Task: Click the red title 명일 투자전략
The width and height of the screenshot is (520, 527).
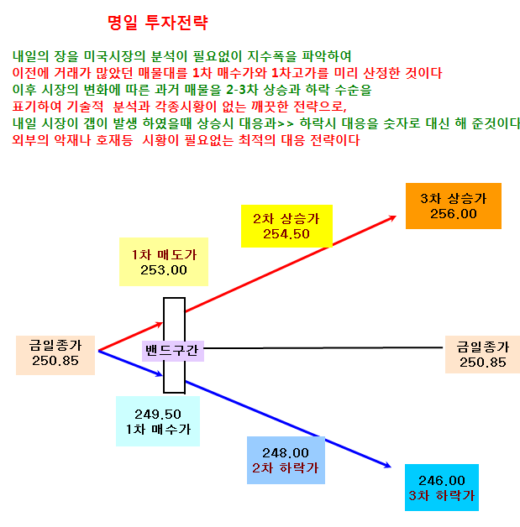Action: (157, 23)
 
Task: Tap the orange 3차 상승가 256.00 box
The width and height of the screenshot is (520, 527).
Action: (454, 206)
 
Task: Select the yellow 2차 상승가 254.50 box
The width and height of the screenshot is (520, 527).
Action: (286, 227)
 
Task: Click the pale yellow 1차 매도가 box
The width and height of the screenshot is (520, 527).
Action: (164, 262)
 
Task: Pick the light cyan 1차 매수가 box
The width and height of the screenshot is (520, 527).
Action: (158, 421)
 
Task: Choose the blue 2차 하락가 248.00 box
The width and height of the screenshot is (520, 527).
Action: (286, 460)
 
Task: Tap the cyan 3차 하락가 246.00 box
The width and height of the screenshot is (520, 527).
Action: (442, 488)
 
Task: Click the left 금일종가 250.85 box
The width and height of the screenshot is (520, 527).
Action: (55, 355)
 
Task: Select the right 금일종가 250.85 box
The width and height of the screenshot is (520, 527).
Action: (483, 355)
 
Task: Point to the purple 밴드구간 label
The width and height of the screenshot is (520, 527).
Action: (173, 351)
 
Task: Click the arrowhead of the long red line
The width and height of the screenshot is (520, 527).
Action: (393, 218)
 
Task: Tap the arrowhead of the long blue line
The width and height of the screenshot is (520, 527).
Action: (388, 466)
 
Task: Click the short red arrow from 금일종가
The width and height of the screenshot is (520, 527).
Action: (130, 337)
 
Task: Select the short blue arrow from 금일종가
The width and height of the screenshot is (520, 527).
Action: (130, 363)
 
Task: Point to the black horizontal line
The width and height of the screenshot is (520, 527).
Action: (323, 348)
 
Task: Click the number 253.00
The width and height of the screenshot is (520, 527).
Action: (164, 270)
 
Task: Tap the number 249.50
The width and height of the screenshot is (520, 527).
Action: (158, 415)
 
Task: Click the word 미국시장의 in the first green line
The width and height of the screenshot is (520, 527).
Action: (114, 56)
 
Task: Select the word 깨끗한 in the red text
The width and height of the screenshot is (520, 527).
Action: (270, 107)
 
